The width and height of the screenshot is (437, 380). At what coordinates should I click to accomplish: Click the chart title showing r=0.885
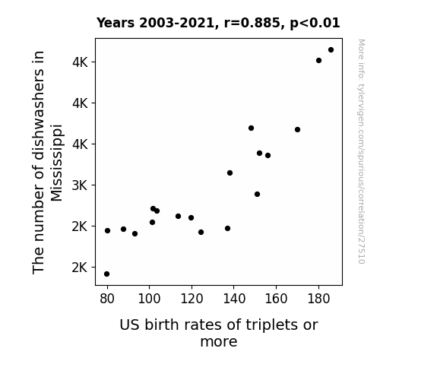click(218, 23)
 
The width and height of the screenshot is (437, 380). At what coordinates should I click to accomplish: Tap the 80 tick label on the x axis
click(107, 299)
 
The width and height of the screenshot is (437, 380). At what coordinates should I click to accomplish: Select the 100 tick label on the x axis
click(149, 299)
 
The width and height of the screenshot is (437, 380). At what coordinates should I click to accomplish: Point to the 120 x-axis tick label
click(192, 299)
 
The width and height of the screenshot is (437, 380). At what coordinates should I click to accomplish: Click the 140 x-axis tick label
click(234, 299)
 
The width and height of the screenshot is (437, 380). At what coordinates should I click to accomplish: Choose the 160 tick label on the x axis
click(276, 299)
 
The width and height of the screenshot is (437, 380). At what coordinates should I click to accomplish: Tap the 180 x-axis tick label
click(318, 299)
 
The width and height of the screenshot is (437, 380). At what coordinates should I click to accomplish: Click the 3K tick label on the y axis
click(80, 185)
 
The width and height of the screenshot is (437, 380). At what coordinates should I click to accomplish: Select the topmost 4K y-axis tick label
click(80, 62)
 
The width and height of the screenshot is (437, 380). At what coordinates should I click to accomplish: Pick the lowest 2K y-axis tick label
click(80, 268)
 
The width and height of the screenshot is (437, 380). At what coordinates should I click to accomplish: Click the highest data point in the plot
click(331, 50)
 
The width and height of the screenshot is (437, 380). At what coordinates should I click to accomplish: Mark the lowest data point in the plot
click(106, 274)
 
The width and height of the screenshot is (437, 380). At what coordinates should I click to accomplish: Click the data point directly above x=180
click(319, 61)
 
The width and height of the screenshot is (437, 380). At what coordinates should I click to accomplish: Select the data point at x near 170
click(297, 130)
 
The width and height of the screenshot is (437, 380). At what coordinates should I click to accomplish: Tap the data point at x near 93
click(135, 233)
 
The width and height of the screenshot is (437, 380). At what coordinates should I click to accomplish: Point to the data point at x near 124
click(201, 233)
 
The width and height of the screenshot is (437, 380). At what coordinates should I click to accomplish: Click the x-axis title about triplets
click(219, 333)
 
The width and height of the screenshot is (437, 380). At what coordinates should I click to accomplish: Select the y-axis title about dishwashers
click(47, 163)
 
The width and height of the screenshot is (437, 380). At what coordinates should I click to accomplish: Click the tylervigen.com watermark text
click(361, 151)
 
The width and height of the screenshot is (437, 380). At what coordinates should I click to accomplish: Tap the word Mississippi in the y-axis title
click(57, 163)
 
